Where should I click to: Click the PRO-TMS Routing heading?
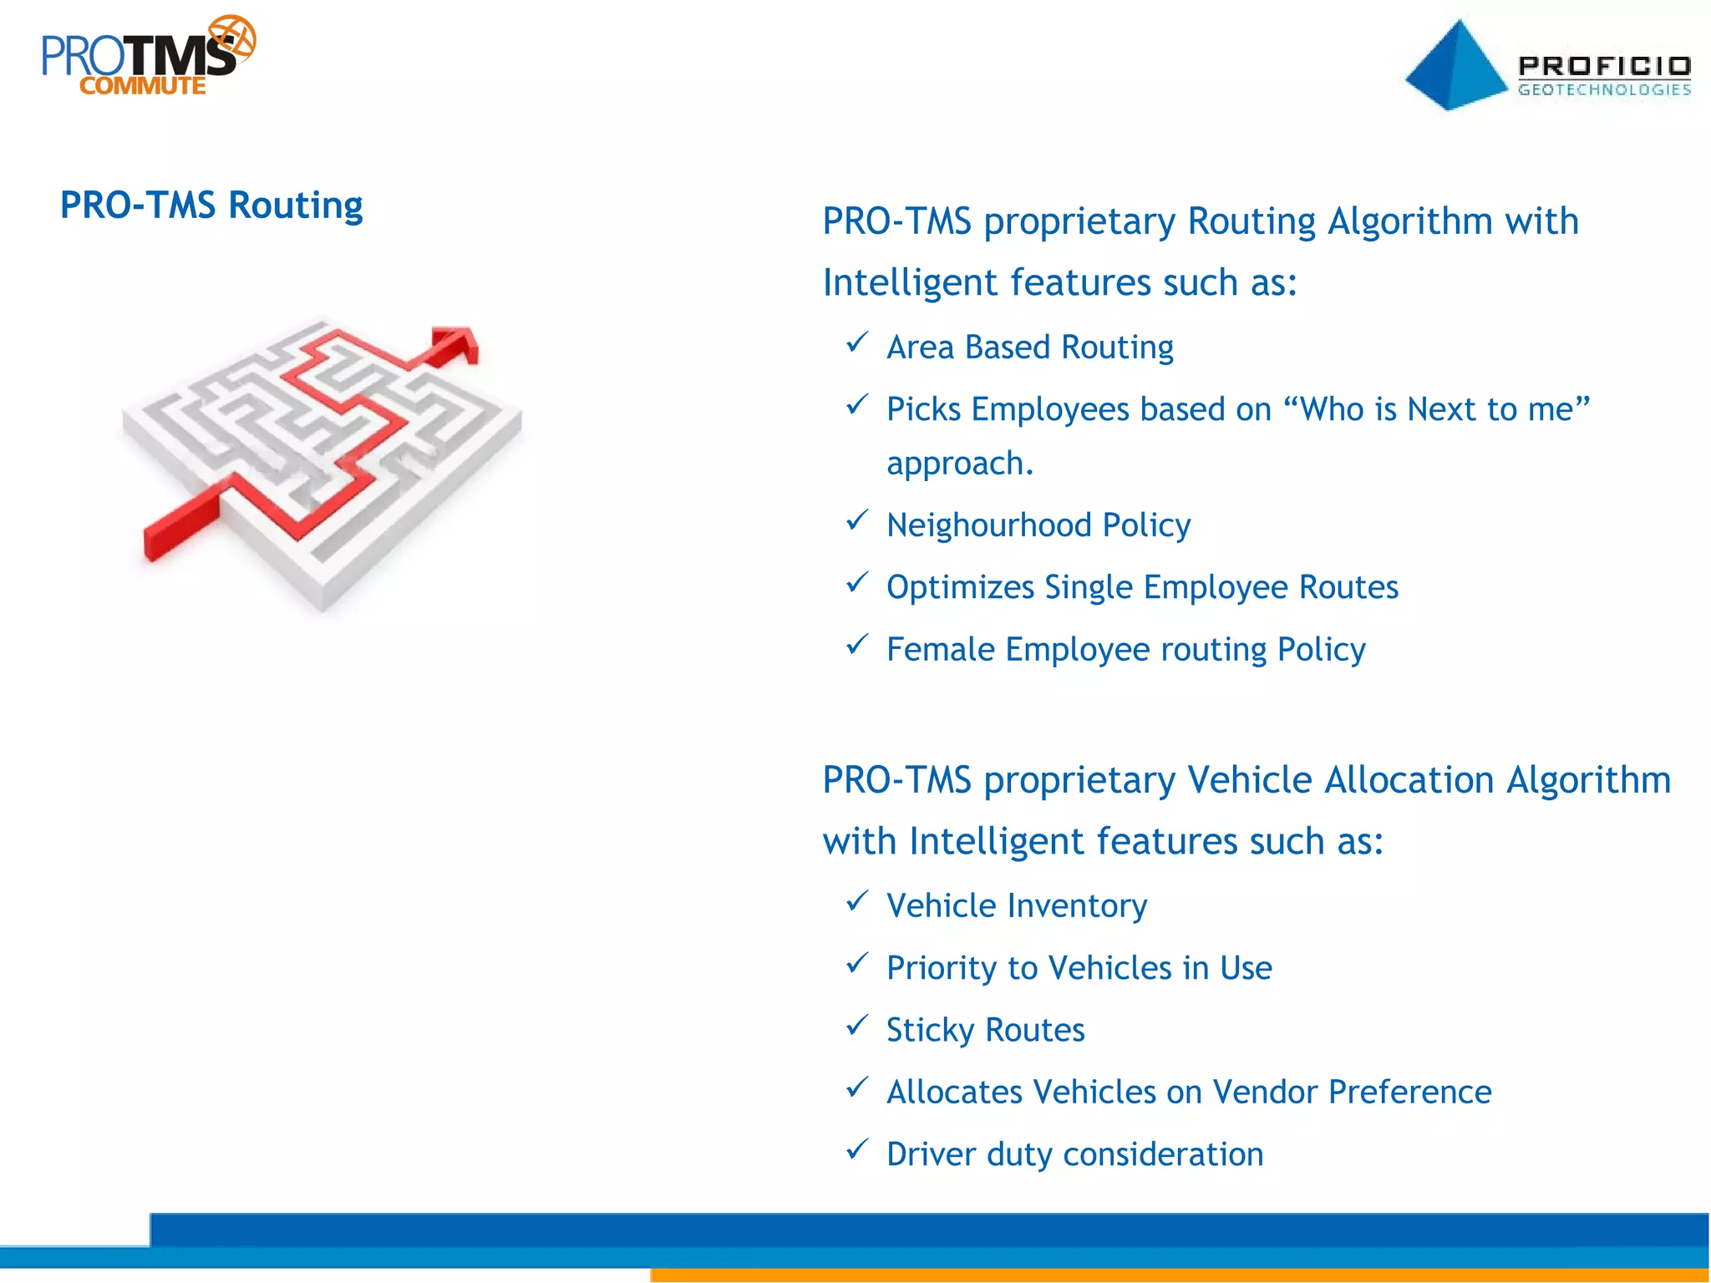pyautogui.click(x=211, y=205)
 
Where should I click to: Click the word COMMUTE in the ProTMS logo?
pyautogui.click(x=142, y=86)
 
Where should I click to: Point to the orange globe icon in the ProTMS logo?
pyautogui.click(x=232, y=38)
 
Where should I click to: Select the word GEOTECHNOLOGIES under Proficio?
pyautogui.click(x=1603, y=90)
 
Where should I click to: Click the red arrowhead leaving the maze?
pyautogui.click(x=457, y=342)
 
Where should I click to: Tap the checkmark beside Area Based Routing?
pyautogui.click(x=857, y=343)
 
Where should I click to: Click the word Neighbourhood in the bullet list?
pyautogui.click(x=989, y=525)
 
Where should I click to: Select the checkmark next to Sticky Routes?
pyautogui.click(x=857, y=1026)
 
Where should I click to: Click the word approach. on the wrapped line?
pyautogui.click(x=960, y=464)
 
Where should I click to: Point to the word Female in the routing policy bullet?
pyautogui.click(x=940, y=650)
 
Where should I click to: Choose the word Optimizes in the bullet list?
pyautogui.click(x=960, y=588)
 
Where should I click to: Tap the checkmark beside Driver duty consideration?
pyautogui.click(x=857, y=1150)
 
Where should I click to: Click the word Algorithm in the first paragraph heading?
pyautogui.click(x=1409, y=221)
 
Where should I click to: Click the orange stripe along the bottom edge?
pyautogui.click(x=1170, y=1275)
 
